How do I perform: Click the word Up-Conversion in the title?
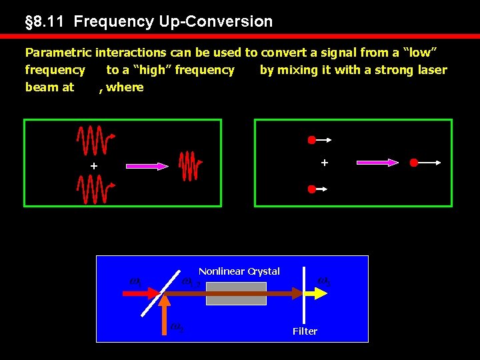(215, 21)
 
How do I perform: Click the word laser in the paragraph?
(430, 69)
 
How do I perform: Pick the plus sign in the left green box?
(94, 165)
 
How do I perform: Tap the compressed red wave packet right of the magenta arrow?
(189, 165)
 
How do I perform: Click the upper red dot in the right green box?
(311, 140)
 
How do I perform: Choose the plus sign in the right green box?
(325, 162)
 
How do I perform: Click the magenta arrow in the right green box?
(377, 162)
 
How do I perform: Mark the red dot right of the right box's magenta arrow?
(414, 162)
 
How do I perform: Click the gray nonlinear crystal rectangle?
(236, 293)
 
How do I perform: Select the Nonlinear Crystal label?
(239, 271)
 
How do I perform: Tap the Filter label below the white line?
(305, 331)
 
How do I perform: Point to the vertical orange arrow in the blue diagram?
(165, 313)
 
